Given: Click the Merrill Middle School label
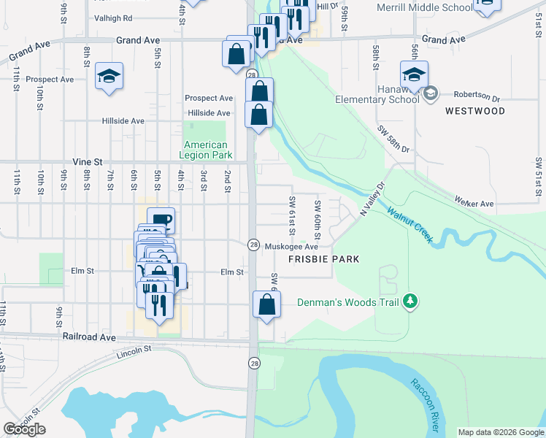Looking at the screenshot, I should pos(424,8).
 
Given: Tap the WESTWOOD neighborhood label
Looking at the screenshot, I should pos(474,111).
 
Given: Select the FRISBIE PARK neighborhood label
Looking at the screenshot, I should pos(324,259).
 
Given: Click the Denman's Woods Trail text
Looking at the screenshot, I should pos(349,302).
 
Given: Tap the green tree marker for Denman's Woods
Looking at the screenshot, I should pos(411,301).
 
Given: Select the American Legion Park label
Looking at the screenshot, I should pos(207,150).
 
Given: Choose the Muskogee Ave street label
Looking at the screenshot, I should pos(291,247).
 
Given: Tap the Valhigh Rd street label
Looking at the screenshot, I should pos(113,18).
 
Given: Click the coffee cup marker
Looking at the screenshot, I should pos(161,219).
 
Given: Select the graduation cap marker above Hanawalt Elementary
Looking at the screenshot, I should pos(414,74).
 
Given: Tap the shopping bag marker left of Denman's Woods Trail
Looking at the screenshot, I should pos(266,304).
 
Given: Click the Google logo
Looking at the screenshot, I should pos(24,429).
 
